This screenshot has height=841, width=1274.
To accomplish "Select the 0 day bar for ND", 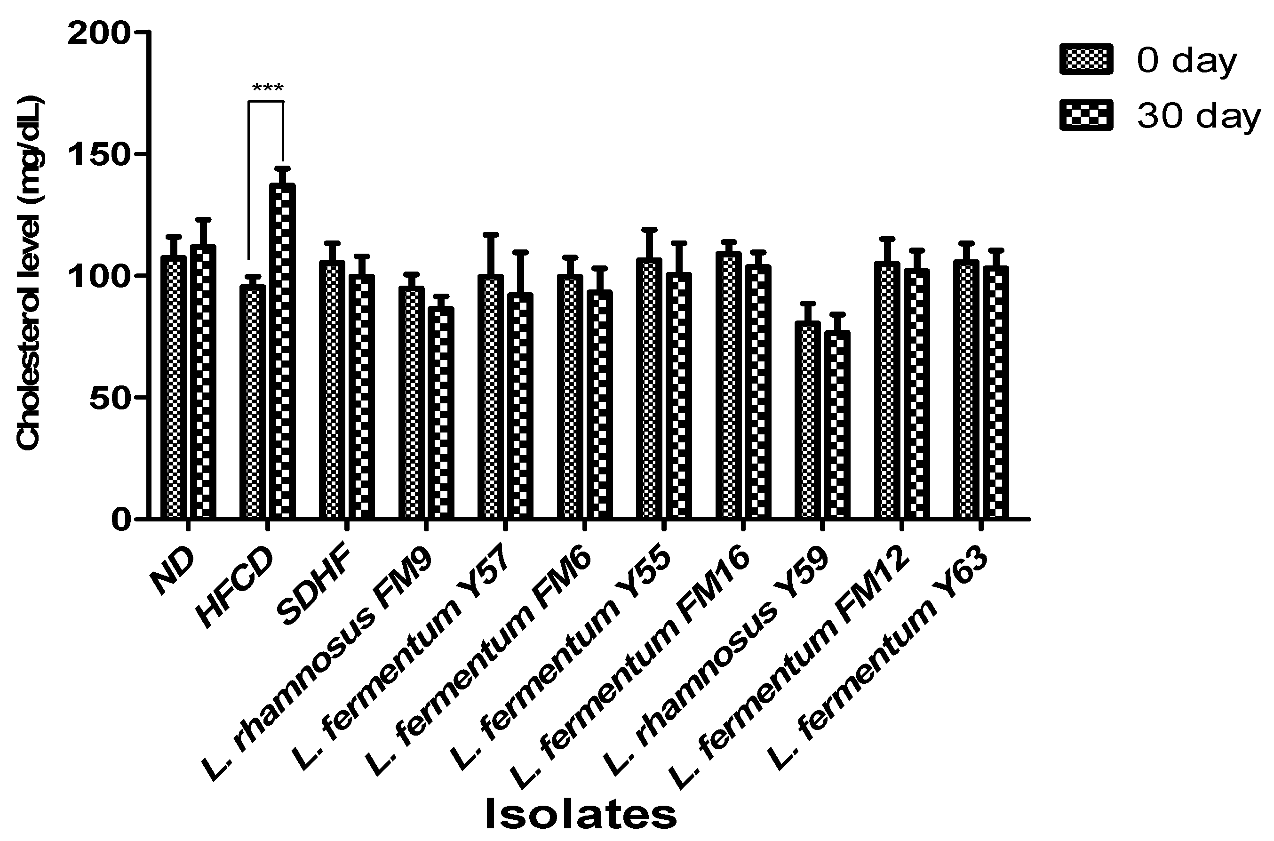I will pyautogui.click(x=173, y=387).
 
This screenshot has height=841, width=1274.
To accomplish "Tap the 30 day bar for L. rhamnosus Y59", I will pyautogui.click(x=837, y=425).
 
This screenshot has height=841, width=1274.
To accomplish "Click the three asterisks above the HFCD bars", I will pyautogui.click(x=267, y=88).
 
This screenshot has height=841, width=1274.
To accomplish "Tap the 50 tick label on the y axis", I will pyautogui.click(x=110, y=398).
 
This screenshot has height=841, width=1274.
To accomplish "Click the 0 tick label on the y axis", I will pyautogui.click(x=122, y=520).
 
